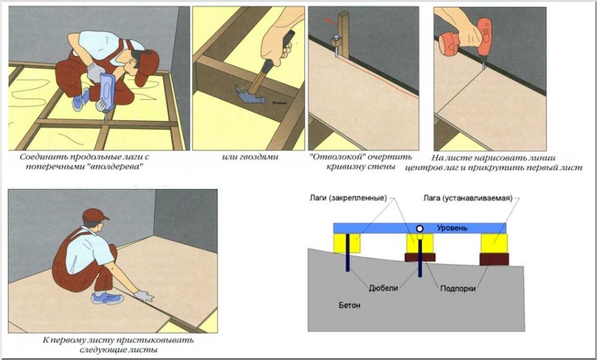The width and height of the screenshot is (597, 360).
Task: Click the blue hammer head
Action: pos(250,96)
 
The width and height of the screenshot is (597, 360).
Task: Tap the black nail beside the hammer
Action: pos(279,102)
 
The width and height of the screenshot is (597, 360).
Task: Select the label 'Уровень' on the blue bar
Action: pos(452,228)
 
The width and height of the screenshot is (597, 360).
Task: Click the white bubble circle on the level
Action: pos(420,229)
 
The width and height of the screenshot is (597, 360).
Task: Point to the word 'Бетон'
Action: pos(349,305)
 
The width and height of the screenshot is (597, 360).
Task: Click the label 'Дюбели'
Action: pos(383,288)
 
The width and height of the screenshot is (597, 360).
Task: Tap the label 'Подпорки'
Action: pos(458,288)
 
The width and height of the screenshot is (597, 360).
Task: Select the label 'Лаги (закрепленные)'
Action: pos(348,198)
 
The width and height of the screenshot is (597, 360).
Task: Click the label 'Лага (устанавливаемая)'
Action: pos(468,198)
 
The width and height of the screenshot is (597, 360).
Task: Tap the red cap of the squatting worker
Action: pos(94,214)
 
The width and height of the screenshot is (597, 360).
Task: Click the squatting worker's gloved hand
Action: pos(144,296)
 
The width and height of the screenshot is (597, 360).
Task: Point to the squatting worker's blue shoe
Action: pos(107,298)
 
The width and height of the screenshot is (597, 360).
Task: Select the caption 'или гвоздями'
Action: pos(250,157)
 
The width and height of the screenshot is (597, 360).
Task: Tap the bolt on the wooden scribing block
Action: pos(336,42)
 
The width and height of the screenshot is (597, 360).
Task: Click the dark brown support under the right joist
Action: pos(494,259)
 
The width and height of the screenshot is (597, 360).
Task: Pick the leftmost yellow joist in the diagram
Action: pos(347,243)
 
